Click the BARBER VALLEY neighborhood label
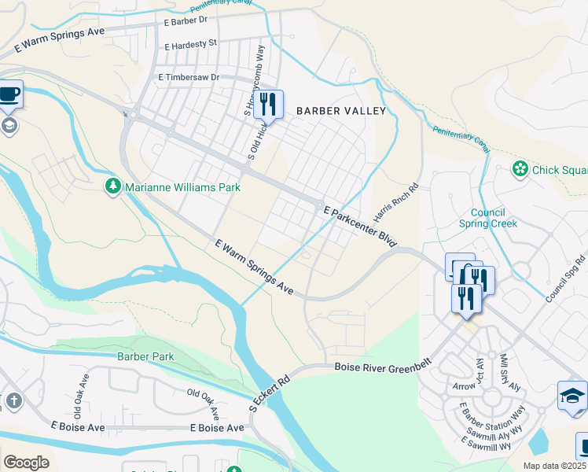point(340,111)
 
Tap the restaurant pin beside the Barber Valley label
point(268,103)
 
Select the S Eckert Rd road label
point(270,393)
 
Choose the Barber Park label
point(145,356)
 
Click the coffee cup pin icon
point(9,94)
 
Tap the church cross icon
point(13,400)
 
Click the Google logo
point(26,463)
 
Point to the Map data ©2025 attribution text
point(554,465)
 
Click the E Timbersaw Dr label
point(189,77)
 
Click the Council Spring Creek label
point(494,218)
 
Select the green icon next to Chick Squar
point(519,168)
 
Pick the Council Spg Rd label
point(568,275)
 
